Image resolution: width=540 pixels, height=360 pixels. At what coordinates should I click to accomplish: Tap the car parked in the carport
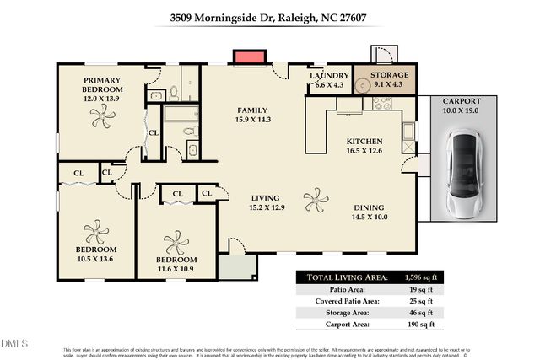(x=463, y=174)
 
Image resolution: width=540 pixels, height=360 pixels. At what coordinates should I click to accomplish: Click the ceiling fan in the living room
(x=316, y=201)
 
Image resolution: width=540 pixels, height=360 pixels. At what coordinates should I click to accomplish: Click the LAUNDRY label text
(x=329, y=76)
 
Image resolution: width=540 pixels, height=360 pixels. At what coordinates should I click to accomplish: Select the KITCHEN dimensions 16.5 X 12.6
(x=365, y=152)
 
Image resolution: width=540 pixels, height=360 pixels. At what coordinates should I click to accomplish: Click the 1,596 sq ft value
(x=419, y=277)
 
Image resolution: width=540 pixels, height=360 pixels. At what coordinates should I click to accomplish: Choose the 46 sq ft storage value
(x=419, y=312)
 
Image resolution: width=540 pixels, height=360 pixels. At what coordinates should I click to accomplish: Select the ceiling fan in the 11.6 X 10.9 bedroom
(x=176, y=244)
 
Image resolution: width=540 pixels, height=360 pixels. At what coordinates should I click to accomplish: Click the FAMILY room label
(x=251, y=110)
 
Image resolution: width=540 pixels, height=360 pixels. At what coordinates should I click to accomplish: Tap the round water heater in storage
(x=364, y=84)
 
